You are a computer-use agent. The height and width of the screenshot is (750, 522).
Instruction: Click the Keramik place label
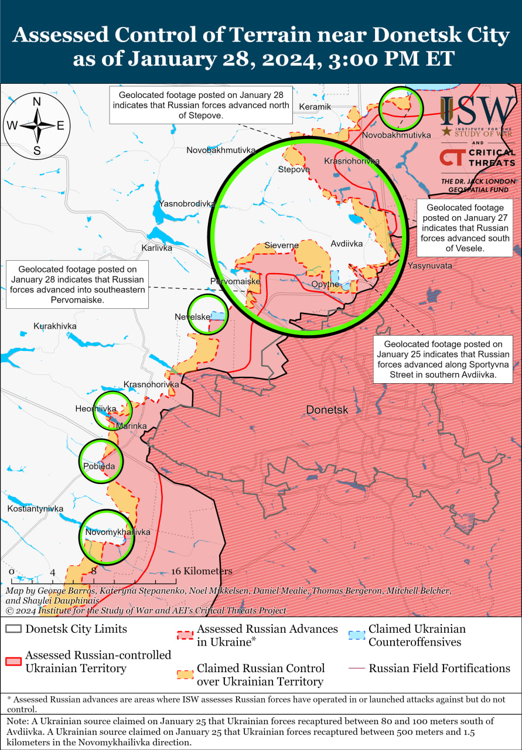(315, 107)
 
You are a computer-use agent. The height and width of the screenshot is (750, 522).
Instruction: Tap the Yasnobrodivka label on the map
(186, 204)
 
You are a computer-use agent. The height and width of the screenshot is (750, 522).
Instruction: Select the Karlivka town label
(157, 248)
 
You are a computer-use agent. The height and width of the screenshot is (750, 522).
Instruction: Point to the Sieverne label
(281, 245)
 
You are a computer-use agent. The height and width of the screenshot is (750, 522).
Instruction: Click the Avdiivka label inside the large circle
(346, 244)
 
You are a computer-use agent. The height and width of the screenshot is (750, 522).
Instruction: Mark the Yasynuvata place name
(430, 265)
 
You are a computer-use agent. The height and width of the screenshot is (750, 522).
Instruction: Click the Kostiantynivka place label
(35, 509)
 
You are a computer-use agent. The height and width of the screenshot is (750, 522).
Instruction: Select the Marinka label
(131, 426)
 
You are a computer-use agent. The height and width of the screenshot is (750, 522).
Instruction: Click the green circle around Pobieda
(101, 461)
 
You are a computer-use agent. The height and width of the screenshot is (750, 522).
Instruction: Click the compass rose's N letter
(36, 101)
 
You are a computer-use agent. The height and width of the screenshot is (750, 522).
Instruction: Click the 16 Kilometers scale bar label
(202, 571)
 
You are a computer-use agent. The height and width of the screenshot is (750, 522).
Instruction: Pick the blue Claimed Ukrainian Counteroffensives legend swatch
(356, 636)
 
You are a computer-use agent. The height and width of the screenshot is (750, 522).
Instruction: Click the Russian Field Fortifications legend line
(356, 669)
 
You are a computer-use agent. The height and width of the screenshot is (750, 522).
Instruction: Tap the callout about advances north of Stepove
(201, 105)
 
